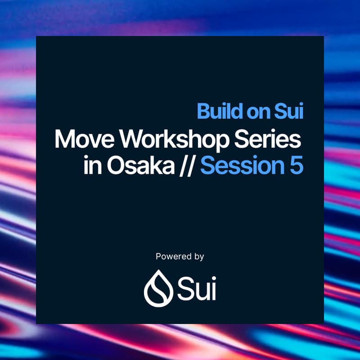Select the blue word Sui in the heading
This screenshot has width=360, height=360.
(289, 112)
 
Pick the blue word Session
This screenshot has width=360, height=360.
(241, 166)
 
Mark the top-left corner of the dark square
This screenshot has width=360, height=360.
(36, 36)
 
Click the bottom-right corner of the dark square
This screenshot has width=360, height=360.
(324, 323)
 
